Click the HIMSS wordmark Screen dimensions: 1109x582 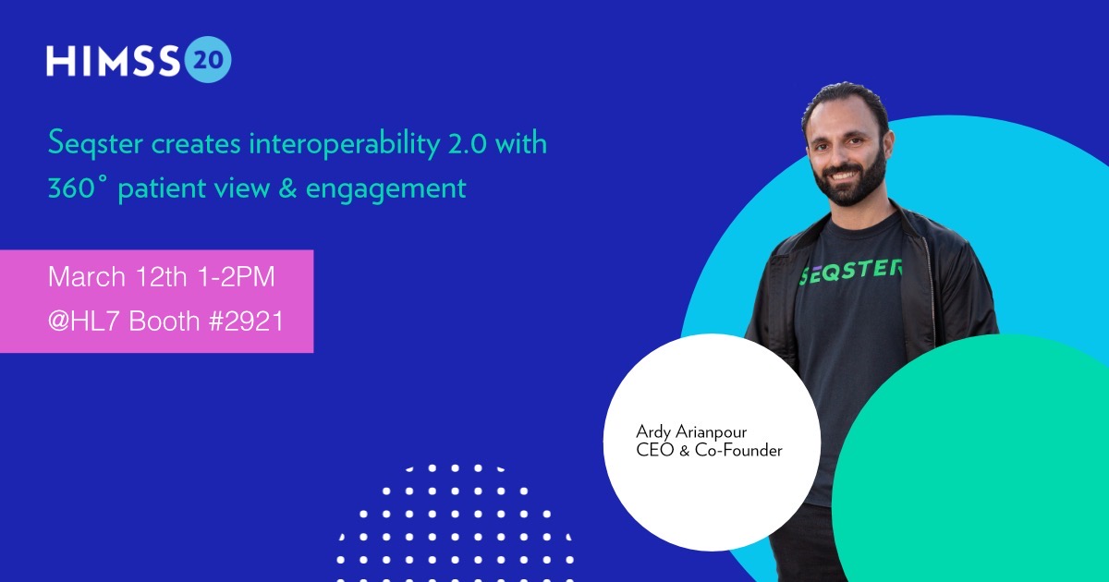(113, 61)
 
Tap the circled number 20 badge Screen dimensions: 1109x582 (208, 59)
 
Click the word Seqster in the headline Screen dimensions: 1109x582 (95, 144)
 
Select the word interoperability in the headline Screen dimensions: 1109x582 (344, 144)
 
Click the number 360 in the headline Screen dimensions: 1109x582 (71, 188)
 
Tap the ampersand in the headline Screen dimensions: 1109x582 (287, 188)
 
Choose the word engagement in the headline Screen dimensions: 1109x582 (386, 190)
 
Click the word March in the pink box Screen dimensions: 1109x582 (87, 276)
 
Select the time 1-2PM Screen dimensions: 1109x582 (236, 276)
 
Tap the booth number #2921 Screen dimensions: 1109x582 (246, 321)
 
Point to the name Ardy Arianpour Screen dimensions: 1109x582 (691, 432)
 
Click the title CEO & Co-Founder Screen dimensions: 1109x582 (709, 451)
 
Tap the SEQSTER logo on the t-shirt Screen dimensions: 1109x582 (850, 272)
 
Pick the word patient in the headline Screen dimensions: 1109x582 (161, 189)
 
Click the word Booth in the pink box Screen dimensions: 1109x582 (164, 321)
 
